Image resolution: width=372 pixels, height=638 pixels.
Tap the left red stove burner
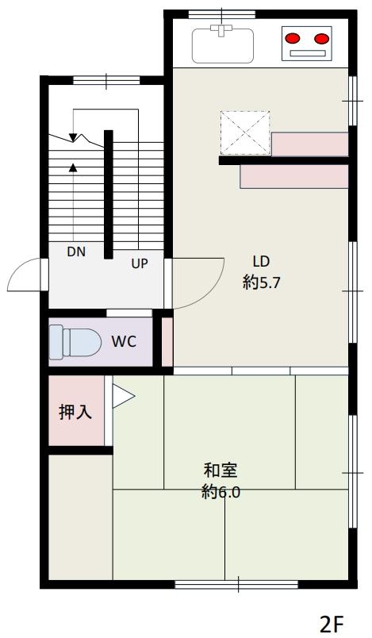(293, 37)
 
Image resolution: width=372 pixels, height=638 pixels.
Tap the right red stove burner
(320, 37)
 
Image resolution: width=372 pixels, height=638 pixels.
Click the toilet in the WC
(73, 342)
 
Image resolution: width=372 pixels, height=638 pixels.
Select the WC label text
(125, 342)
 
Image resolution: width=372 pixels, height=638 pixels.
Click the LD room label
(261, 261)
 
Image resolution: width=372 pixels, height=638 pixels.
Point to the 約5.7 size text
(261, 282)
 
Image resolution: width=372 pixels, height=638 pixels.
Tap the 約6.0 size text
(221, 492)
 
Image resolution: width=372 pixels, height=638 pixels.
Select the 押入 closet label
(75, 413)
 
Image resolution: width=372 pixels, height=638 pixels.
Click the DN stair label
(76, 252)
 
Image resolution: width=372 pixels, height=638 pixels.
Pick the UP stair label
(140, 263)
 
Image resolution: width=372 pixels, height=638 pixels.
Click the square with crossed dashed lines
(244, 133)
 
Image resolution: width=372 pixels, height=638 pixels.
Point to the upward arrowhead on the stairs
(74, 167)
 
